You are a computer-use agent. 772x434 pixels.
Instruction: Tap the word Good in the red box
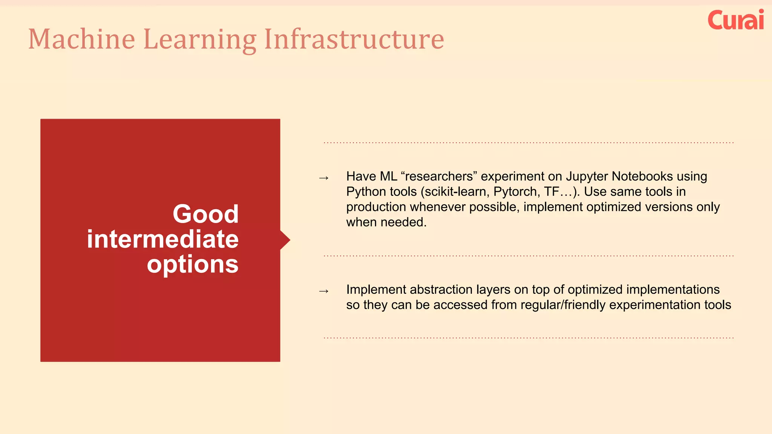205,214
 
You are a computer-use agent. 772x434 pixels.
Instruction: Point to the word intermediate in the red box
162,239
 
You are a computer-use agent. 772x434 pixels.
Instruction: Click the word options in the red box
193,264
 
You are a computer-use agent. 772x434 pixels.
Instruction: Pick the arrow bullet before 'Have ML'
324,178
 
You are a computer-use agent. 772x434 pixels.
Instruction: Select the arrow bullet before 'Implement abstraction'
324,291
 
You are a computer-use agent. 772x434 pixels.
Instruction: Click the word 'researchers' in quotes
439,176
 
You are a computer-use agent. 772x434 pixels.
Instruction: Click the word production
376,207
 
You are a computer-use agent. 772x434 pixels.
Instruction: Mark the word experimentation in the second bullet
655,305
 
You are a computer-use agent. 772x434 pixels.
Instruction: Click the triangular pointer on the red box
285,240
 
